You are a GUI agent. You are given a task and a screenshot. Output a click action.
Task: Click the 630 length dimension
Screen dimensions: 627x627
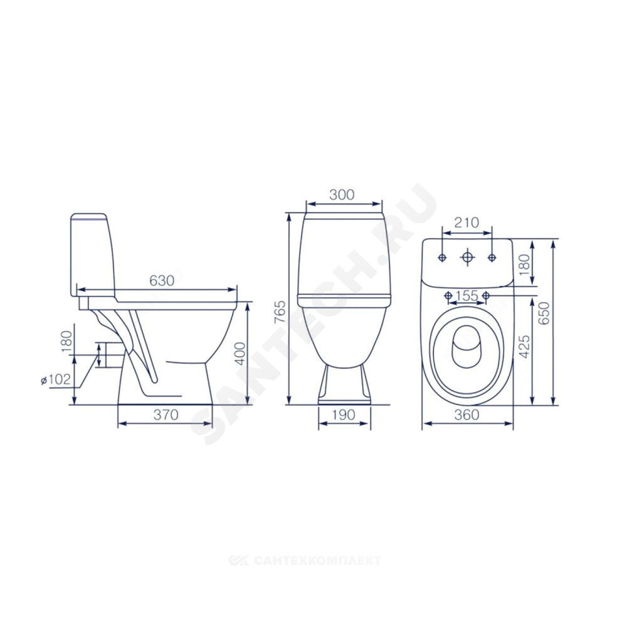[162, 281]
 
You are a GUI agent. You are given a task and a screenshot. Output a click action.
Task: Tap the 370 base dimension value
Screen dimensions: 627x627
[166, 414]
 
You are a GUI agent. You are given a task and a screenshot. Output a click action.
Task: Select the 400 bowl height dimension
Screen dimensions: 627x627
[240, 353]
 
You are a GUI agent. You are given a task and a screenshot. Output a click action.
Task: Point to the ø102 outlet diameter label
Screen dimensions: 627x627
[56, 379]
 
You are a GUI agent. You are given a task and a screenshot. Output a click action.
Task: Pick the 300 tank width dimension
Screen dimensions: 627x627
[342, 194]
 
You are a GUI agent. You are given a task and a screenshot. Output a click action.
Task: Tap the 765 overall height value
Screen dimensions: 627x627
[281, 312]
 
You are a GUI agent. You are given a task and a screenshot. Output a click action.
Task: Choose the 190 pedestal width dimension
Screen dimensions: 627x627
[344, 414]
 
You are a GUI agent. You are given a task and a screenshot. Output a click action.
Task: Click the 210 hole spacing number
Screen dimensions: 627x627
[466, 223]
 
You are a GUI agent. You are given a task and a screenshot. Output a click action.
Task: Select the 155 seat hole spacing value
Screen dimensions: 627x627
[466, 295]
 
